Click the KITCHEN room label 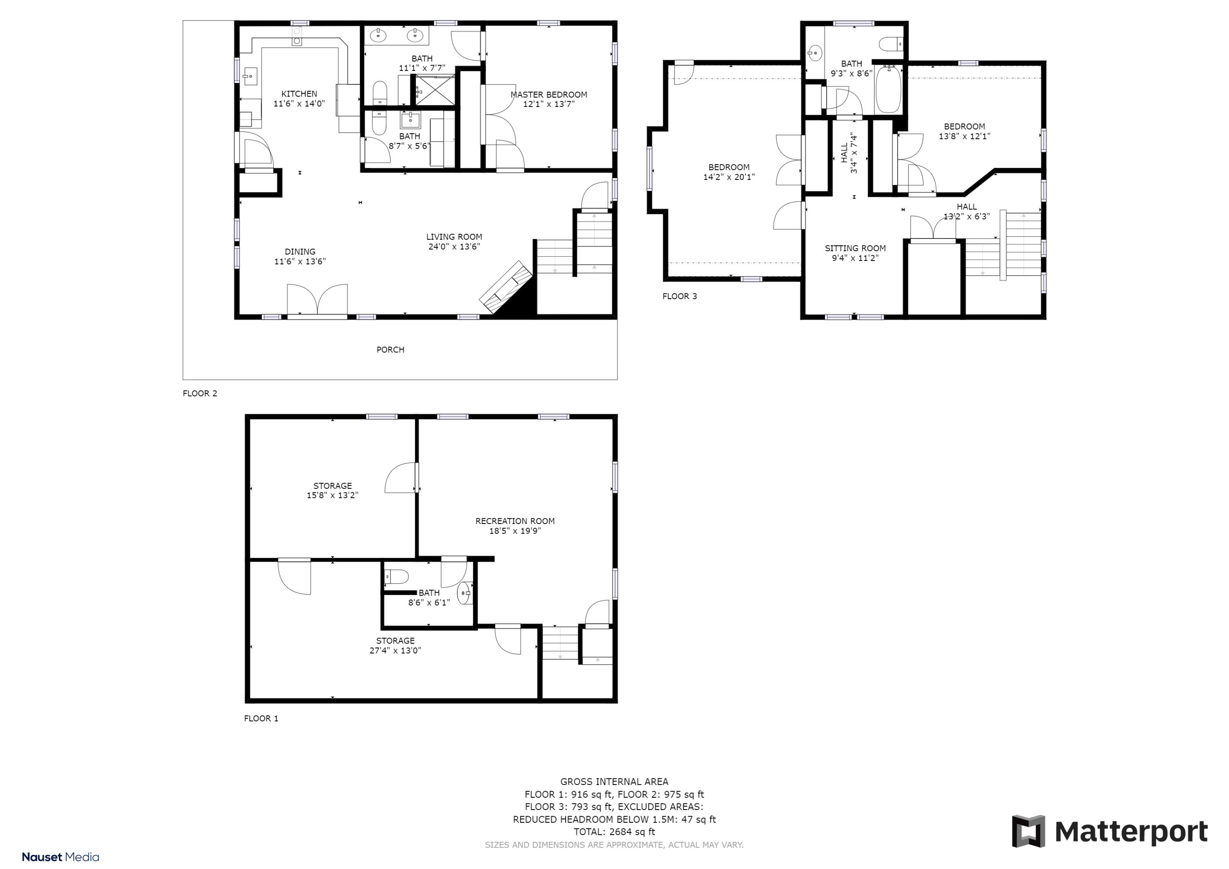coord(299,94)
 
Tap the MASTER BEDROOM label coord(549,95)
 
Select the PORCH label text coord(390,349)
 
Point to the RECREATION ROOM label coord(515,521)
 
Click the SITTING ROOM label coord(855,248)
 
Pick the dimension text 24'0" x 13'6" coord(454,247)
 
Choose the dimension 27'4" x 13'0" coord(395,651)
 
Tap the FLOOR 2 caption coord(200,394)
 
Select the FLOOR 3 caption coord(679,297)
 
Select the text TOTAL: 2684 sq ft coord(614,832)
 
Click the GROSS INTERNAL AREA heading coord(614,782)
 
